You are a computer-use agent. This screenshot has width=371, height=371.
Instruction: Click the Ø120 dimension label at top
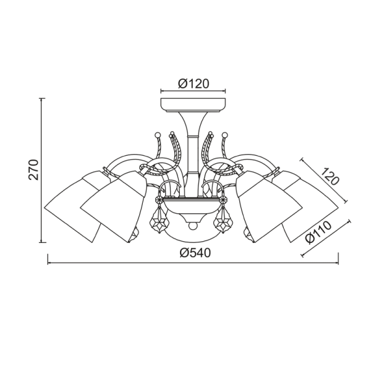194,83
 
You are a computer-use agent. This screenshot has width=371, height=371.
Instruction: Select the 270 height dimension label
33,170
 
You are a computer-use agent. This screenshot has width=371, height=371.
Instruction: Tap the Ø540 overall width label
195,254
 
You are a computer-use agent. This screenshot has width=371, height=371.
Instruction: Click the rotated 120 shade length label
331,176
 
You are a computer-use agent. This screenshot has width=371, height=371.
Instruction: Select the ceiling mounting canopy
193,105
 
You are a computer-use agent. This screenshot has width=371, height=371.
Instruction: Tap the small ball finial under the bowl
193,226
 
